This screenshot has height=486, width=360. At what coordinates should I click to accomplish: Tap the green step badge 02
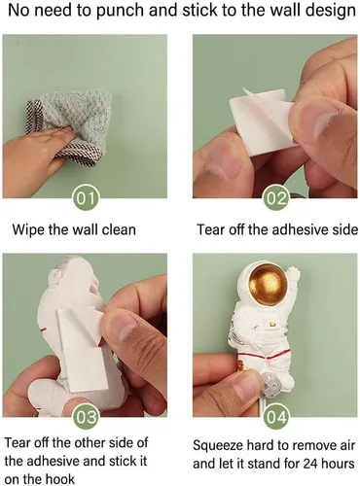pyautogui.click(x=276, y=198)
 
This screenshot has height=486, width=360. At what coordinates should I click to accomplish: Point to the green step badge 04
pyautogui.click(x=276, y=417)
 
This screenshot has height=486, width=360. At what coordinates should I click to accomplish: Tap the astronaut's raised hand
pyautogui.click(x=294, y=275)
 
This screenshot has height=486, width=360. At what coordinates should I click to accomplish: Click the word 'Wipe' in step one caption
pyautogui.click(x=28, y=229)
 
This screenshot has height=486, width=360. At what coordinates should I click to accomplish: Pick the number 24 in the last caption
pyautogui.click(x=311, y=464)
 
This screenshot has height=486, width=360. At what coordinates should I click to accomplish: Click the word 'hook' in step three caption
pyautogui.click(x=60, y=479)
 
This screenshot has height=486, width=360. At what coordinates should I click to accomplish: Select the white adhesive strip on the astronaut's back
pyautogui.click(x=80, y=350)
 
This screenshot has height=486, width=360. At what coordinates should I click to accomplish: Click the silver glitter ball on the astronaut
pyautogui.click(x=270, y=381)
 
